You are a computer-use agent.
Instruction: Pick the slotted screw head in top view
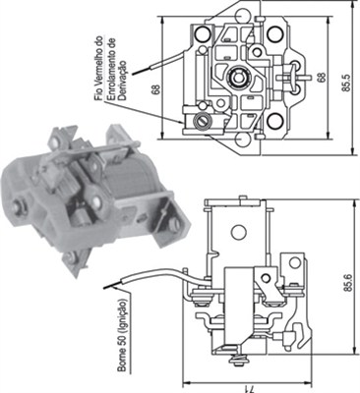click(205, 121)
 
